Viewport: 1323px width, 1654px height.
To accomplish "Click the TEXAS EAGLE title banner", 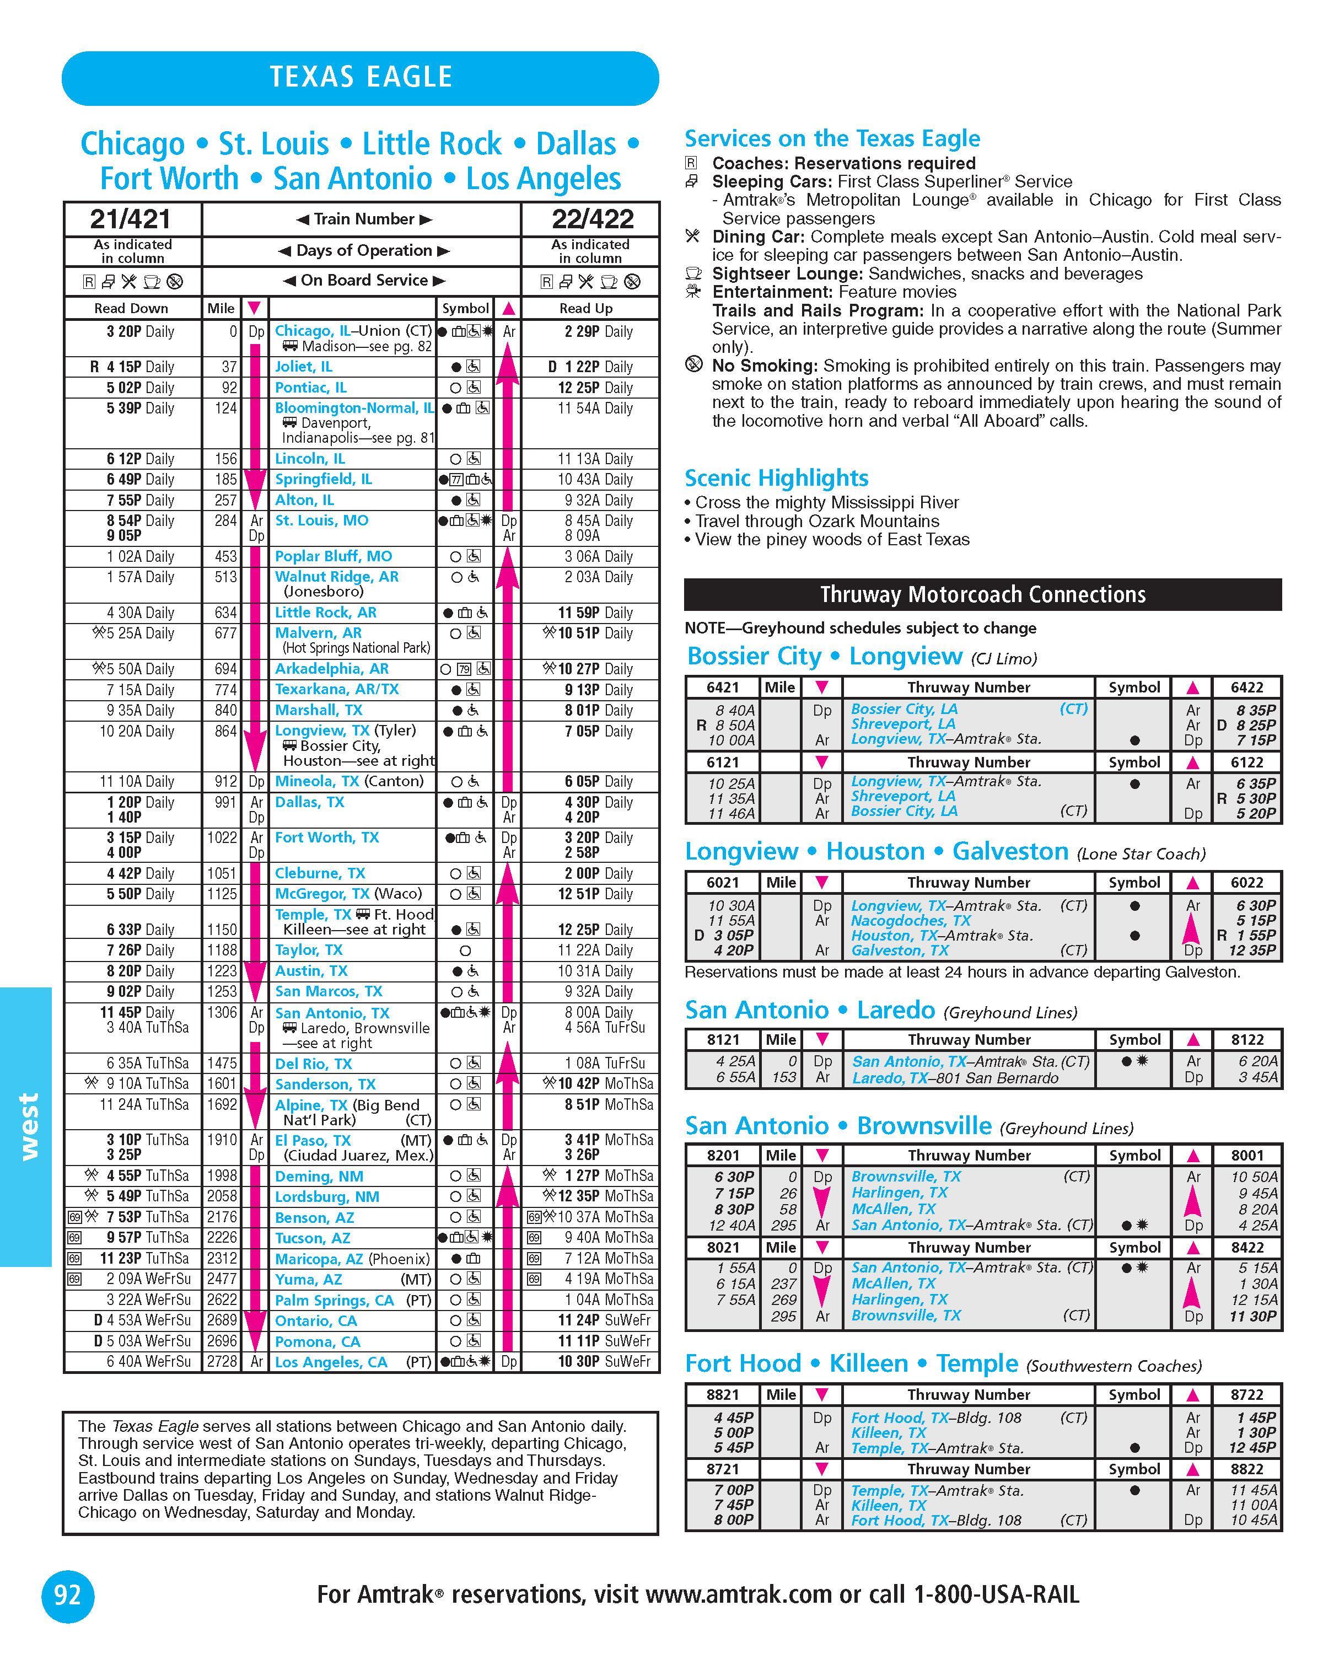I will pyautogui.click(x=360, y=78).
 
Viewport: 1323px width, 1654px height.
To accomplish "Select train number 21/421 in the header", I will pyautogui.click(x=131, y=219).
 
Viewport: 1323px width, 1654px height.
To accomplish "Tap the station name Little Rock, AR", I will pyautogui.click(x=325, y=612).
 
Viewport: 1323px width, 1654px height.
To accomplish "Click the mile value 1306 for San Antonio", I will pyautogui.click(x=222, y=1013).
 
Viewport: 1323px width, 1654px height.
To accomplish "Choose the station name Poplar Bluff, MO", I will pyautogui.click(x=333, y=556).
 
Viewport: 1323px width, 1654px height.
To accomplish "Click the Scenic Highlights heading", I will pyautogui.click(x=776, y=478).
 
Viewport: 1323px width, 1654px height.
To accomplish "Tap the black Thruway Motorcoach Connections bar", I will pyautogui.click(x=982, y=594).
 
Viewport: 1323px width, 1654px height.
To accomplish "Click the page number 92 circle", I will pyautogui.click(x=67, y=1596).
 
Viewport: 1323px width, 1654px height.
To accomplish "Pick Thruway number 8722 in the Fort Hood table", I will pyautogui.click(x=1246, y=1395).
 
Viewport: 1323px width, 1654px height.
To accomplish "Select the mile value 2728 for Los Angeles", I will pyautogui.click(x=222, y=1362).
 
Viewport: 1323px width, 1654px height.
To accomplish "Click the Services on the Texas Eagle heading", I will pyautogui.click(x=832, y=139).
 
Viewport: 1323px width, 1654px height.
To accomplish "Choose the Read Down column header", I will pyautogui.click(x=131, y=308).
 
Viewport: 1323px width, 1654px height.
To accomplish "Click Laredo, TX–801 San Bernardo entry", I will pyautogui.click(x=955, y=1078).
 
